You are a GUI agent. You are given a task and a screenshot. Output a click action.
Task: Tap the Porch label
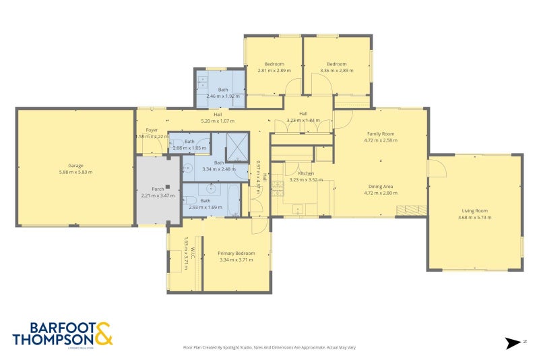click(158, 189)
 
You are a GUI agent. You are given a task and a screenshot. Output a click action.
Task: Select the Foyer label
click(152, 130)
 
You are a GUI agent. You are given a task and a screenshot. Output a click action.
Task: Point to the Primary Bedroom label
click(234, 253)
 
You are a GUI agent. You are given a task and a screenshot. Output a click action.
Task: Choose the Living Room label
click(474, 210)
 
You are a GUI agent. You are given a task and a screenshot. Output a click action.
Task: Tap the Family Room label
click(381, 134)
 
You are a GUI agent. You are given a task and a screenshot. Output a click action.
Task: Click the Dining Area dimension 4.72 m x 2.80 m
click(381, 193)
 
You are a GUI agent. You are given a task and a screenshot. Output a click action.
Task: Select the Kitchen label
click(297, 174)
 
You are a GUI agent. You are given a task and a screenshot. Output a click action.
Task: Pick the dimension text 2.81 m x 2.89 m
click(274, 70)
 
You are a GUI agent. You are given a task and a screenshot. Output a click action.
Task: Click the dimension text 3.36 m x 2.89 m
click(337, 70)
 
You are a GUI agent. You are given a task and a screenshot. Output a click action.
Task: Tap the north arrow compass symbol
click(514, 343)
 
